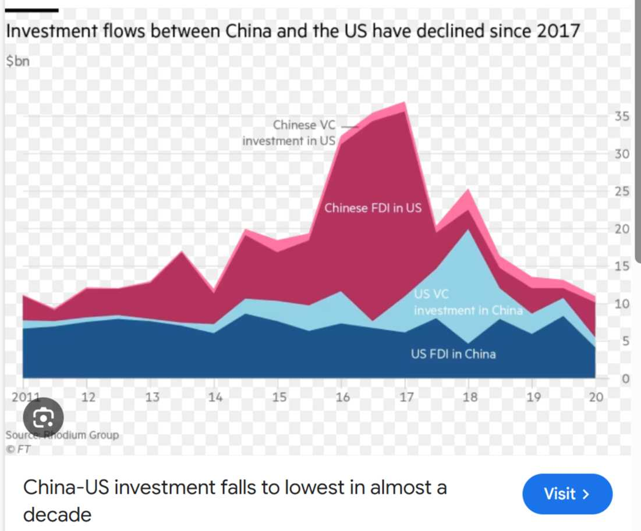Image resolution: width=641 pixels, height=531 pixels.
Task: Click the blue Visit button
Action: point(567,494)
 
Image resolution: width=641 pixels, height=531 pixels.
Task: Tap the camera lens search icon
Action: point(43,417)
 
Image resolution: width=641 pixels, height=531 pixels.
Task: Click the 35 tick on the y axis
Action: point(622,116)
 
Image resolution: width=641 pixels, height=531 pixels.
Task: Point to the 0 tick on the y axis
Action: point(625,378)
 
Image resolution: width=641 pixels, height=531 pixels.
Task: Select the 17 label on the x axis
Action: point(406,398)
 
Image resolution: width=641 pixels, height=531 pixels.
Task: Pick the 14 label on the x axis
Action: point(215,398)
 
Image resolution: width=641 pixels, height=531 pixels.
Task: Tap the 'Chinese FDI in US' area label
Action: point(373,208)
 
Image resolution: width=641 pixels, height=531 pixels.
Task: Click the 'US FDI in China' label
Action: point(453,353)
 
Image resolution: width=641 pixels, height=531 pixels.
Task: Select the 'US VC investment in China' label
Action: point(468,303)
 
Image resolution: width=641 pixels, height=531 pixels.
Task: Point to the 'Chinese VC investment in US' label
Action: point(289,133)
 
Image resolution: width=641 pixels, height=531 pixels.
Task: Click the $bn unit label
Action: point(17,61)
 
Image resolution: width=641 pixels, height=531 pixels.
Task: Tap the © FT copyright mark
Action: point(18,449)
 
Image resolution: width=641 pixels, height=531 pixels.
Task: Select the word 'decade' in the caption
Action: point(57,515)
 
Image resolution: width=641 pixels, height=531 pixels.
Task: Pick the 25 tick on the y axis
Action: point(622,192)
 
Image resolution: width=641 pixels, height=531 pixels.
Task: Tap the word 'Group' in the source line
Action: point(104,435)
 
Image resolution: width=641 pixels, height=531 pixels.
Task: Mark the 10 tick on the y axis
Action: point(622,303)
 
